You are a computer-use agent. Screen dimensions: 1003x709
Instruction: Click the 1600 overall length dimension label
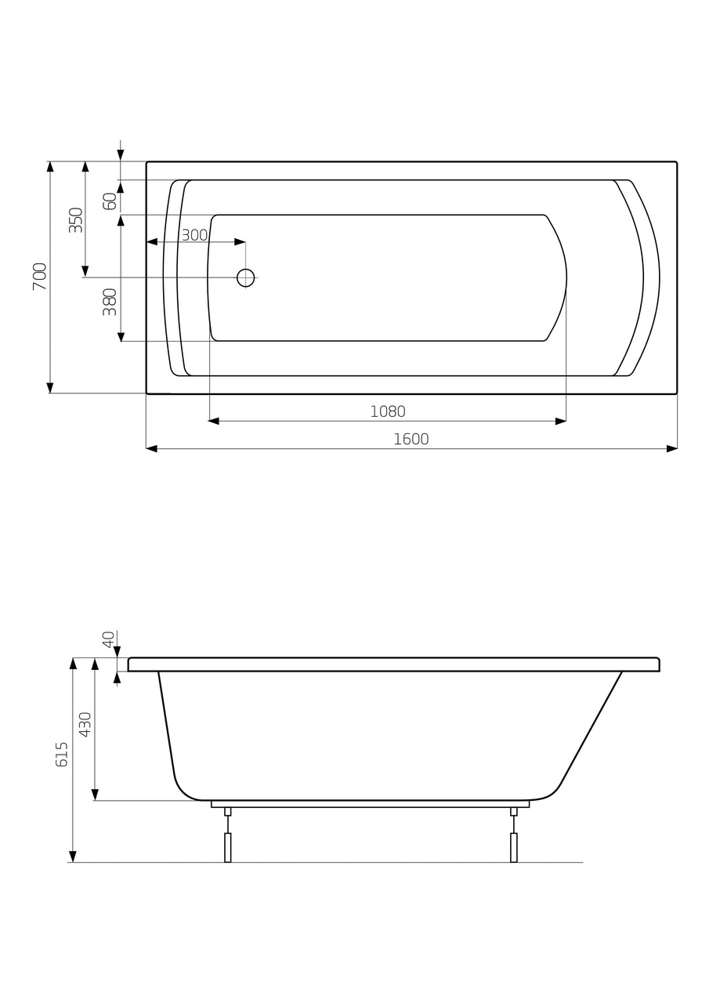[x=411, y=440]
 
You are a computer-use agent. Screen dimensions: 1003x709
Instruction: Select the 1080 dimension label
[x=387, y=412]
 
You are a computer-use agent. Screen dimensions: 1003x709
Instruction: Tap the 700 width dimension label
[x=40, y=277]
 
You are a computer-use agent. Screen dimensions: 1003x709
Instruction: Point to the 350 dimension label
[x=76, y=219]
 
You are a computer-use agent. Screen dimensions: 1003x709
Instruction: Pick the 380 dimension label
[x=110, y=302]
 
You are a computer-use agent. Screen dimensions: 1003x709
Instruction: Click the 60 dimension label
[x=110, y=201]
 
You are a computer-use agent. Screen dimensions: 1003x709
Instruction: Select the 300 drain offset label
[x=194, y=235]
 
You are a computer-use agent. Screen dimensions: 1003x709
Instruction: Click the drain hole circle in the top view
[x=245, y=277]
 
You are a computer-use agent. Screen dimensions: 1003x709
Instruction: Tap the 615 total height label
[x=63, y=754]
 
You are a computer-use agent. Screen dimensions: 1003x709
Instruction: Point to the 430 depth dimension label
[x=85, y=724]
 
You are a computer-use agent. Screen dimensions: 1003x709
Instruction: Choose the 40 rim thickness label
[x=109, y=639]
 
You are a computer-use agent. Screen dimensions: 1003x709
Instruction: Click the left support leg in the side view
[x=228, y=846]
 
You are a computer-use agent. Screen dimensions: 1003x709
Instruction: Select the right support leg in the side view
[x=514, y=846]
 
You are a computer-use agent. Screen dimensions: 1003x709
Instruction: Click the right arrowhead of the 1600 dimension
[x=671, y=449]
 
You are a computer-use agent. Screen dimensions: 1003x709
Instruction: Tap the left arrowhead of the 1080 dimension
[x=214, y=422]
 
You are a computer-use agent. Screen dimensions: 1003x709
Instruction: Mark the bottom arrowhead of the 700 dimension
[x=50, y=387]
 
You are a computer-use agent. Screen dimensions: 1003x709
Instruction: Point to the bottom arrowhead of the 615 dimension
[x=73, y=856]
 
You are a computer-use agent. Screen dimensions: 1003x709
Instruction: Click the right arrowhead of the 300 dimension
[x=240, y=242]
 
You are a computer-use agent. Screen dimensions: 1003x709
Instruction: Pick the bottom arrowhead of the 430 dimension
[x=95, y=795]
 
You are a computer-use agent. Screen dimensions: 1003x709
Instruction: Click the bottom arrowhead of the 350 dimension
[x=85, y=271]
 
